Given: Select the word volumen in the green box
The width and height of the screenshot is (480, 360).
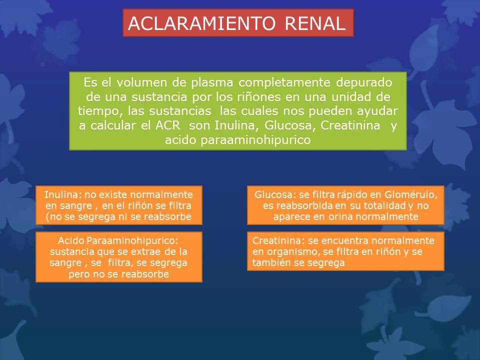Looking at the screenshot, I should (x=129, y=82).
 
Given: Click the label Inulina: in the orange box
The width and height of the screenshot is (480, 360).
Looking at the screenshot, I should (x=61, y=194).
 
